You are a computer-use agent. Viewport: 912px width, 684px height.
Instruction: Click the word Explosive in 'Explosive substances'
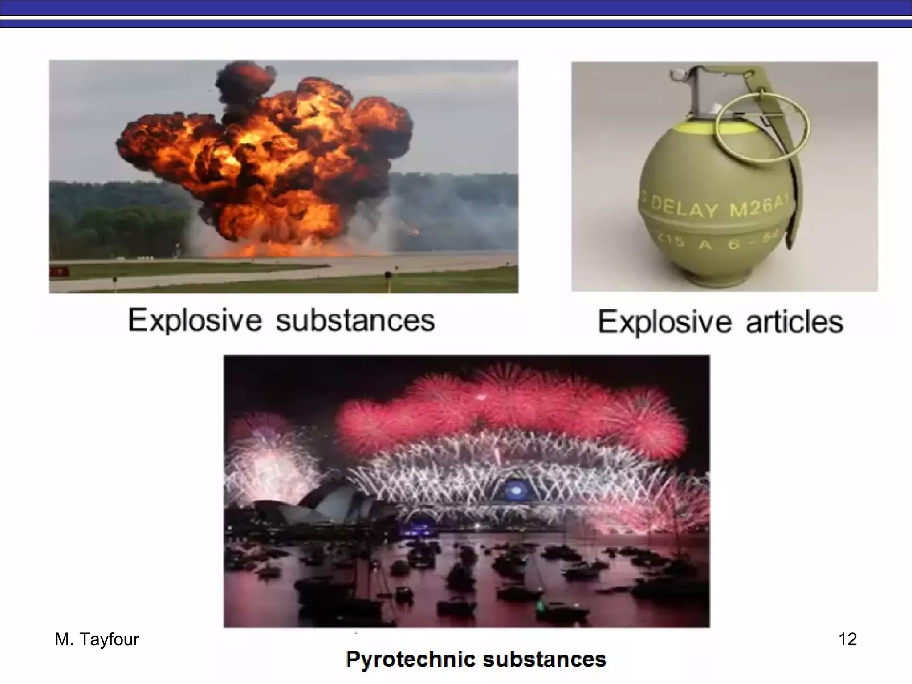point(195,321)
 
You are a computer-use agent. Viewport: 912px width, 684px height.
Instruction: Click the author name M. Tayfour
point(97,639)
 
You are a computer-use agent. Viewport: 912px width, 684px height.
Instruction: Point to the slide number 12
point(847,639)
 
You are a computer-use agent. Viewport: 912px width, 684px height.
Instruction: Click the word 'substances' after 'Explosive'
point(355,321)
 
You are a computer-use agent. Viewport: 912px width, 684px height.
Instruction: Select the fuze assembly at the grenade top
point(704,94)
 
